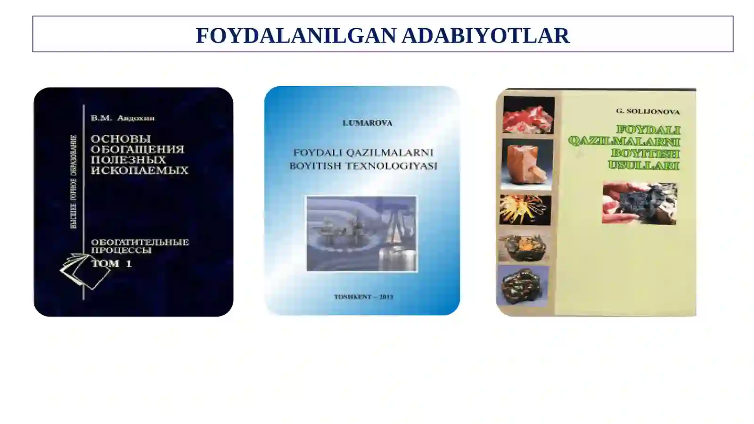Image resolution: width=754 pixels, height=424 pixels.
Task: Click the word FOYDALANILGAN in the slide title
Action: (296, 36)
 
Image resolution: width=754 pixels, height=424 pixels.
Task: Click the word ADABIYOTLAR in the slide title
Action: (485, 36)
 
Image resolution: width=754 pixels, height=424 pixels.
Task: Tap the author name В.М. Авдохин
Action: (123, 118)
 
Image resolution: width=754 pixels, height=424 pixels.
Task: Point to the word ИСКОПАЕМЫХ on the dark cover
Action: (139, 170)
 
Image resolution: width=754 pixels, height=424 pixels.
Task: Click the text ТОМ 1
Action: (112, 263)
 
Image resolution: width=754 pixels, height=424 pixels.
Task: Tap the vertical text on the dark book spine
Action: (74, 182)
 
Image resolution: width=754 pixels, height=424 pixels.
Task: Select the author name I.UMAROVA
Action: (367, 123)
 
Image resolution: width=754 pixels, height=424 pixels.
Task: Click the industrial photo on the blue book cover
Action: (361, 234)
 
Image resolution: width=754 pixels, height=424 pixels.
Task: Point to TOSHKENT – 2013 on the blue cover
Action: (363, 297)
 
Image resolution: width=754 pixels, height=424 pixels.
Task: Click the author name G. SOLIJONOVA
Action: (647, 112)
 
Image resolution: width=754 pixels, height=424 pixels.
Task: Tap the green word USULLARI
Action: (643, 165)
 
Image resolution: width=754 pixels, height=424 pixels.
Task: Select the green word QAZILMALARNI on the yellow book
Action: (624, 141)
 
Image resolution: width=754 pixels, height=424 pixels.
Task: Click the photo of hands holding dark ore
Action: (639, 203)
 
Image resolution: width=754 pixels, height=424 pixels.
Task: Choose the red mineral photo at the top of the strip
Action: (528, 115)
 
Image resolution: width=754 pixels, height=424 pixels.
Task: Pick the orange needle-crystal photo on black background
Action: (525, 210)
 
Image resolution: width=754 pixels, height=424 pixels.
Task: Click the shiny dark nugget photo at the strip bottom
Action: (522, 285)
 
